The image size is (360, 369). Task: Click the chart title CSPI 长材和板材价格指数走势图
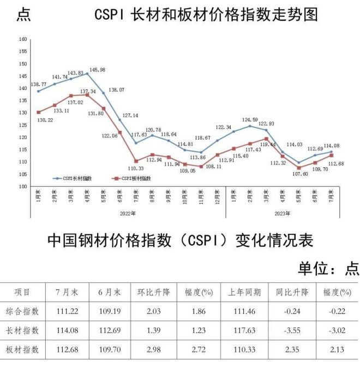pos(206,15)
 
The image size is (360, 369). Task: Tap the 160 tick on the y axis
pos(22,39)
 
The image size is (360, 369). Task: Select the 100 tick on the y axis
pos(22,186)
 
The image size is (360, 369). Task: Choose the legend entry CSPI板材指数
pos(131,178)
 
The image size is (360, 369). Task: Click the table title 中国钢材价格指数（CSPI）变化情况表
pos(180,240)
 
